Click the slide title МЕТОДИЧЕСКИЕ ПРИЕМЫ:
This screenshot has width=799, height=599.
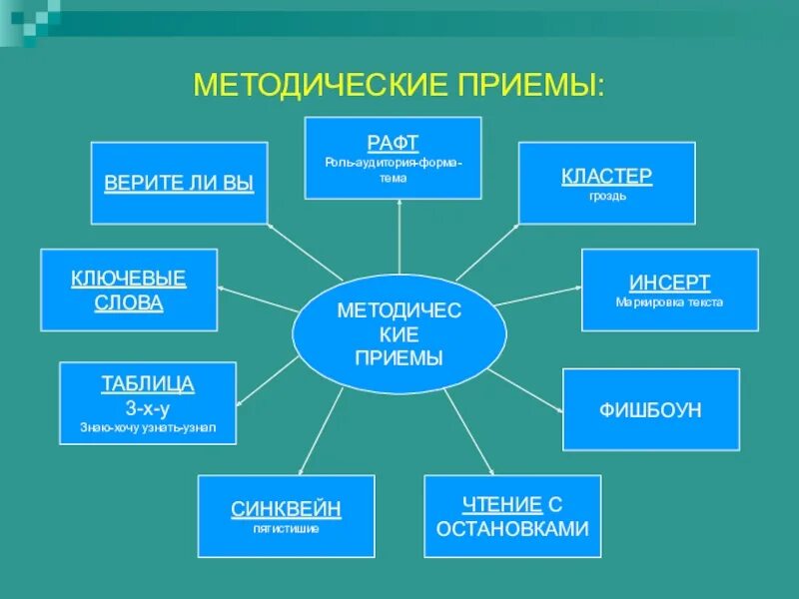coord(399,83)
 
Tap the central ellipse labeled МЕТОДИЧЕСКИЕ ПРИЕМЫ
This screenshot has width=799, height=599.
coord(399,334)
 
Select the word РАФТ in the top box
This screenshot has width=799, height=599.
coord(393,143)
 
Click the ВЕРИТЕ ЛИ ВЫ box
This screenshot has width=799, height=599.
coord(179,183)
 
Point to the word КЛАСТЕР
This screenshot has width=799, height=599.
coord(606,176)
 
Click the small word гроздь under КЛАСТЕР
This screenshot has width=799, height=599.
coord(606,196)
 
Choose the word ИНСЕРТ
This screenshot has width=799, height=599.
coord(669,283)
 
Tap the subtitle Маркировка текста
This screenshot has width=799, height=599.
coord(669,301)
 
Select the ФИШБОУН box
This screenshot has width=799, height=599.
coord(651,409)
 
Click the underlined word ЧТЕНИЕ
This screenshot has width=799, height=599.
coord(501,505)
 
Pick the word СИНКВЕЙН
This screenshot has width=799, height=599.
coord(286,509)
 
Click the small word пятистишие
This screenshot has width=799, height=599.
coord(286,528)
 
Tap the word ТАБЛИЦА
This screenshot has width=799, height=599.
coord(148,384)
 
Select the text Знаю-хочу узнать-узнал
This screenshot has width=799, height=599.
coord(148,427)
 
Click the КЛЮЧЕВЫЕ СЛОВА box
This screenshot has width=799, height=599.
coord(129,290)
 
